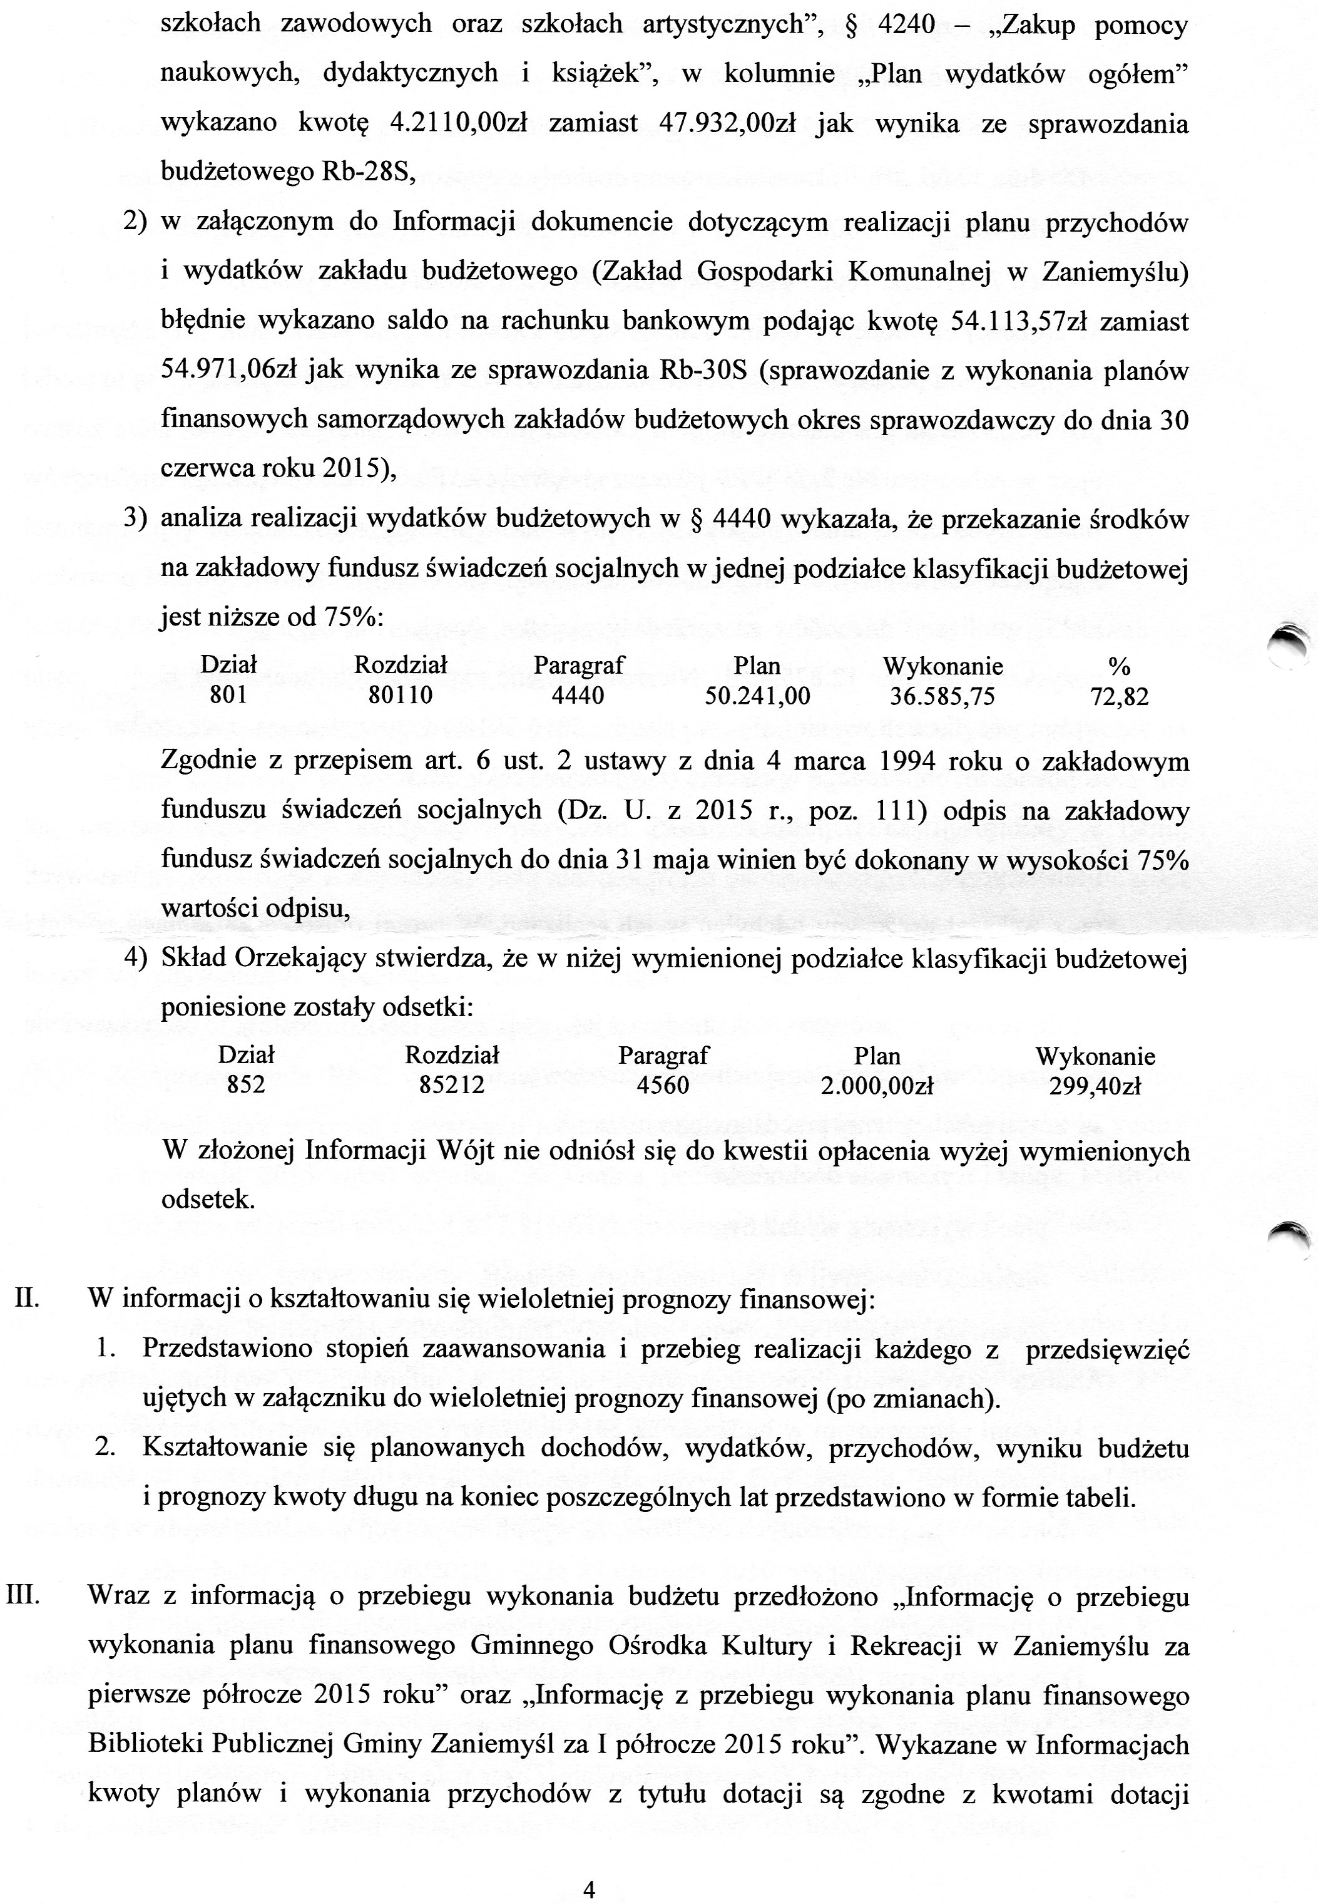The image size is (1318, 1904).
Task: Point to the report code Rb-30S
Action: coord(703,370)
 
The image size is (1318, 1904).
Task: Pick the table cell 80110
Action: coord(400,696)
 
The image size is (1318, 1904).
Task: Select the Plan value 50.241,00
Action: coord(757,696)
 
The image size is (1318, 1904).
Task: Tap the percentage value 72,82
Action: coord(1119,696)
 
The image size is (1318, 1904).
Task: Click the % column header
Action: coord(1120,666)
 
